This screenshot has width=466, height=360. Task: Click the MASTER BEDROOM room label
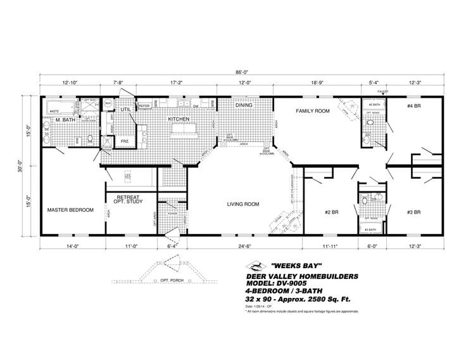pos(70,209)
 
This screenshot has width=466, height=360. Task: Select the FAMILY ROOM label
pos(313,111)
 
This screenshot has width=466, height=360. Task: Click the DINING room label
pos(244,105)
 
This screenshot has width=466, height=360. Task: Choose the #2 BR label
pos(329,212)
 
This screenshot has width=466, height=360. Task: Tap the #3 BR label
pos(414,212)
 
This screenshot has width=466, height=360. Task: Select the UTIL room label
pos(125,109)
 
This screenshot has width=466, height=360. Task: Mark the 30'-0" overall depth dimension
pos(20,164)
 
